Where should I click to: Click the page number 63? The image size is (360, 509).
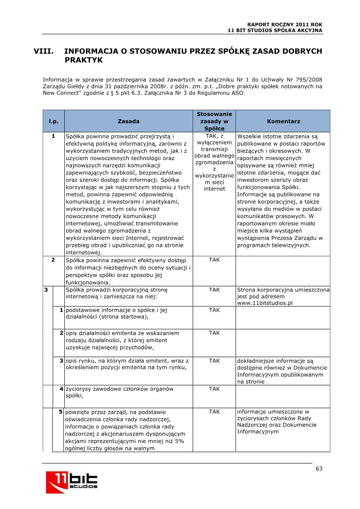[319, 469]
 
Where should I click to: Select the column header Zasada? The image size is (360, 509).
[128, 121]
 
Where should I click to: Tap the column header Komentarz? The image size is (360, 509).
[283, 121]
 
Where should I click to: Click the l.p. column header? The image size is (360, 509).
[54, 121]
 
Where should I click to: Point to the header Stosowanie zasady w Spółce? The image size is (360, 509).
[214, 121]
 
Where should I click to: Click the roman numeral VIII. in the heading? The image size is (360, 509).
[44, 51]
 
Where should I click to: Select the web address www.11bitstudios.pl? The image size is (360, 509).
[265, 303]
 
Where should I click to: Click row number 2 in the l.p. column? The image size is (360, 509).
[53, 260]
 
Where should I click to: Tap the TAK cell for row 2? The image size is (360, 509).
[214, 260]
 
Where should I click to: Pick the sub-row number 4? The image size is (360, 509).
[61, 389]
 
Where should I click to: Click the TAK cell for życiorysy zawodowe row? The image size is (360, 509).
[214, 389]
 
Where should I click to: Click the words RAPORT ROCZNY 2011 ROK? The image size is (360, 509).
[285, 24]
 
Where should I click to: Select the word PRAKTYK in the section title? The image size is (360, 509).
[84, 60]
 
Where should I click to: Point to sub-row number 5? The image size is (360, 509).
[61, 412]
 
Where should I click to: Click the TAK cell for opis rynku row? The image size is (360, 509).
[214, 361]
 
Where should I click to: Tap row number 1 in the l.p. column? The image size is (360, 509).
[53, 136]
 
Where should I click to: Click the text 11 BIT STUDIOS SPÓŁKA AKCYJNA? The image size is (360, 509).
[275, 30]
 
